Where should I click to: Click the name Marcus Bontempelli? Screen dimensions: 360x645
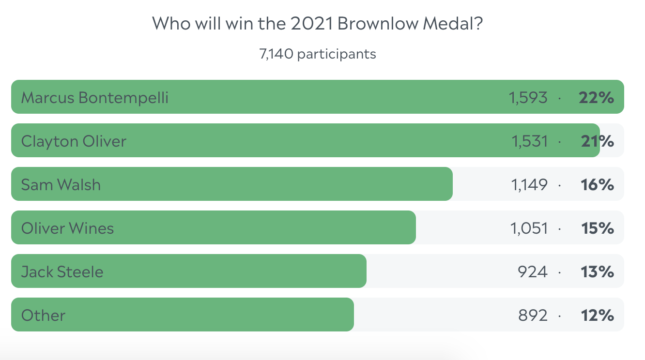click(x=95, y=98)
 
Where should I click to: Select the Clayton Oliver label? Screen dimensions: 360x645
click(x=74, y=141)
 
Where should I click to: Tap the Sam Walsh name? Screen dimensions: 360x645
click(x=61, y=185)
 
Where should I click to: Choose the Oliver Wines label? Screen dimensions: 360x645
click(x=68, y=228)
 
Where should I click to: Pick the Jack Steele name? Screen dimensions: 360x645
click(x=62, y=272)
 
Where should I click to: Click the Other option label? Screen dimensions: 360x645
click(x=43, y=315)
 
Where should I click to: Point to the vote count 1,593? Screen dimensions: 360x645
click(x=528, y=98)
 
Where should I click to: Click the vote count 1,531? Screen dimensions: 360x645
click(x=529, y=141)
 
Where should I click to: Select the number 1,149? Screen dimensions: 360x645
click(x=529, y=185)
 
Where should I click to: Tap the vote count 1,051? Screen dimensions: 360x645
click(x=529, y=228)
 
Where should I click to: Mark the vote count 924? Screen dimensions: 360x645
click(x=533, y=272)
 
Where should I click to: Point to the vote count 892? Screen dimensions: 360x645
click(x=533, y=315)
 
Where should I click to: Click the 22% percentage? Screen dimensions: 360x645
click(x=596, y=98)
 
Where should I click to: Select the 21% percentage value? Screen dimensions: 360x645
click(x=598, y=141)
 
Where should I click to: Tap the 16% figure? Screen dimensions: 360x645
click(x=598, y=185)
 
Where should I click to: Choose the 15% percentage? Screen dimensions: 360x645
click(x=598, y=228)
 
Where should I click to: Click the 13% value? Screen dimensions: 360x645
click(x=598, y=272)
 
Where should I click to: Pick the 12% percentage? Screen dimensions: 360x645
click(x=598, y=315)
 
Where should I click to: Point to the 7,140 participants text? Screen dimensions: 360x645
click(x=318, y=54)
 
